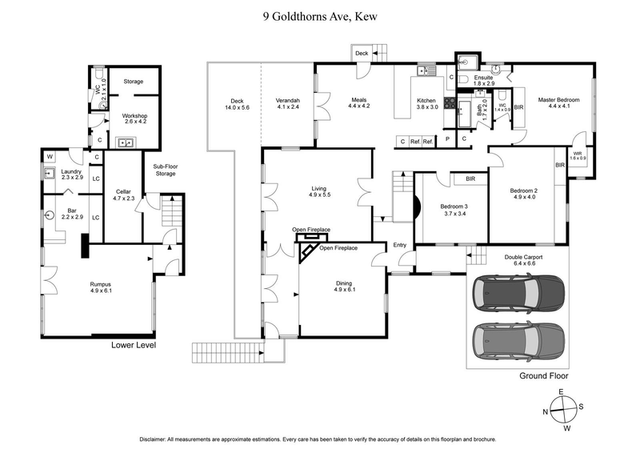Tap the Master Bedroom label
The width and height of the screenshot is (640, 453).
(558, 104)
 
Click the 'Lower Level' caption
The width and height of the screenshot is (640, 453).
(133, 346)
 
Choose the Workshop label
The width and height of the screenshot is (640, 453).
(134, 119)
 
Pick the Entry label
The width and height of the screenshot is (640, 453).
(399, 245)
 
